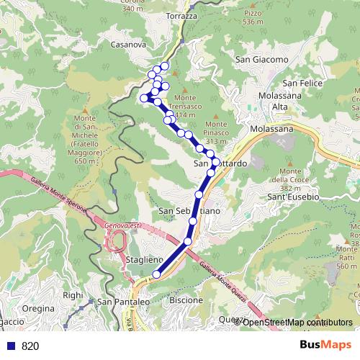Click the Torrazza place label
point(181,16)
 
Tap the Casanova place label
point(129,44)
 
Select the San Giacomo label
point(262,59)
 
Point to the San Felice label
point(302,84)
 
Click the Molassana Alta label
point(268,102)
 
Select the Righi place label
point(73,294)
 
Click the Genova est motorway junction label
point(121,226)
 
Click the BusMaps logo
point(325,345)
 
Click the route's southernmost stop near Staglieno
point(156,274)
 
